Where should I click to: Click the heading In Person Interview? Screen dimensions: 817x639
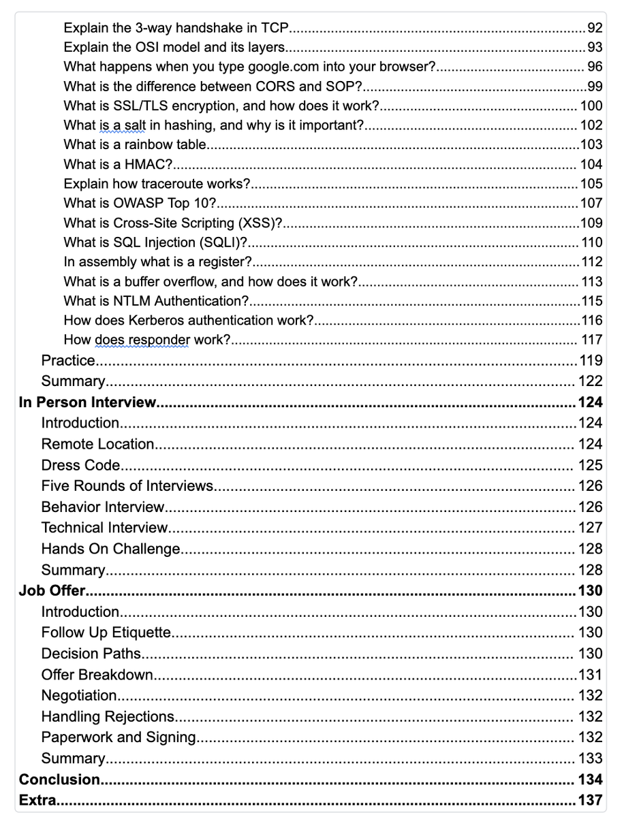tap(87, 402)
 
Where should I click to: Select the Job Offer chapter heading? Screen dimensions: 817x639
tap(51, 590)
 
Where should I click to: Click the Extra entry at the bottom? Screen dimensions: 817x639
tap(37, 801)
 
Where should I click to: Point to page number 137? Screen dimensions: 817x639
tap(590, 801)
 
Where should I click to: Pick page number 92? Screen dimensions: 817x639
tap(595, 29)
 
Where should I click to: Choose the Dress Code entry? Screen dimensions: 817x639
tap(80, 466)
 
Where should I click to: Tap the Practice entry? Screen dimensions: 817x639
tap(67, 360)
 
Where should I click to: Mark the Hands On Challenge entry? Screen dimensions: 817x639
tap(110, 549)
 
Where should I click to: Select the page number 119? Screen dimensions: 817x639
tap(590, 360)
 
